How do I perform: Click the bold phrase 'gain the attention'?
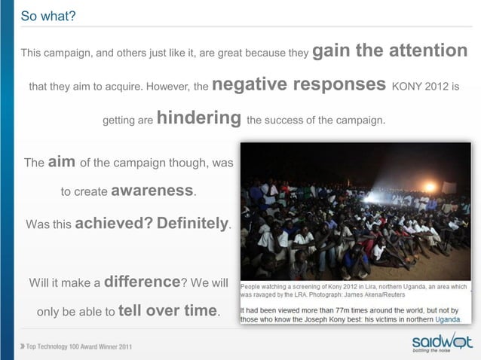pos(390,51)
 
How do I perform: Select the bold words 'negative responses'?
pos(300,84)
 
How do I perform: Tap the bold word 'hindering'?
pos(199,118)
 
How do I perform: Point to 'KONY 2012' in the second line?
pos(421,87)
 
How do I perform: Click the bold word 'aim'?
pos(62,162)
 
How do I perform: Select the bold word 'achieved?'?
pos(114,223)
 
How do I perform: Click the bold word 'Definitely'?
pos(192,223)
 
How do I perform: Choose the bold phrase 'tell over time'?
pos(168,310)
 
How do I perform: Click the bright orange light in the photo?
pos(429,186)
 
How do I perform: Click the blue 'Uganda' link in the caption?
pos(446,319)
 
